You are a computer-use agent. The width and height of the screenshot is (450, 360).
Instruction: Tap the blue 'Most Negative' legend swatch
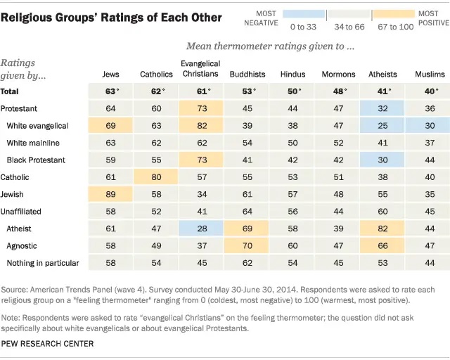pos(303,13)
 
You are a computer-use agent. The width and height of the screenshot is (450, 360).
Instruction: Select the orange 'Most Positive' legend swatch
pos(393,13)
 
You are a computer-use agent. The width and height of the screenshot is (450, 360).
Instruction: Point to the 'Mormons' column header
pos(338,74)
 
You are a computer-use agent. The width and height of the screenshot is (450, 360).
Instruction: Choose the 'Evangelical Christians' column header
pos(200,69)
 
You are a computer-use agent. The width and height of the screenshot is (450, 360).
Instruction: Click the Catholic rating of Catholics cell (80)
pos(155,177)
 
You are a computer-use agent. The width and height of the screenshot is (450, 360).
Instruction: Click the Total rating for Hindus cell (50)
pos(292,91)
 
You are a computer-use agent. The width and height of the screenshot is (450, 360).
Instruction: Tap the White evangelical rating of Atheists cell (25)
pos(382,125)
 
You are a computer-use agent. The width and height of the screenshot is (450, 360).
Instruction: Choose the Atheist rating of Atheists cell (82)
pos(382,229)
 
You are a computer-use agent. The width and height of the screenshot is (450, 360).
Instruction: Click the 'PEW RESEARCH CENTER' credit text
pos(48,344)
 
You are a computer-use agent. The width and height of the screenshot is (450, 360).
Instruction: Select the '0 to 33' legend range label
pos(303,26)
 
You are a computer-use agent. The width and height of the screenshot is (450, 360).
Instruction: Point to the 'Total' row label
pos(11,91)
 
